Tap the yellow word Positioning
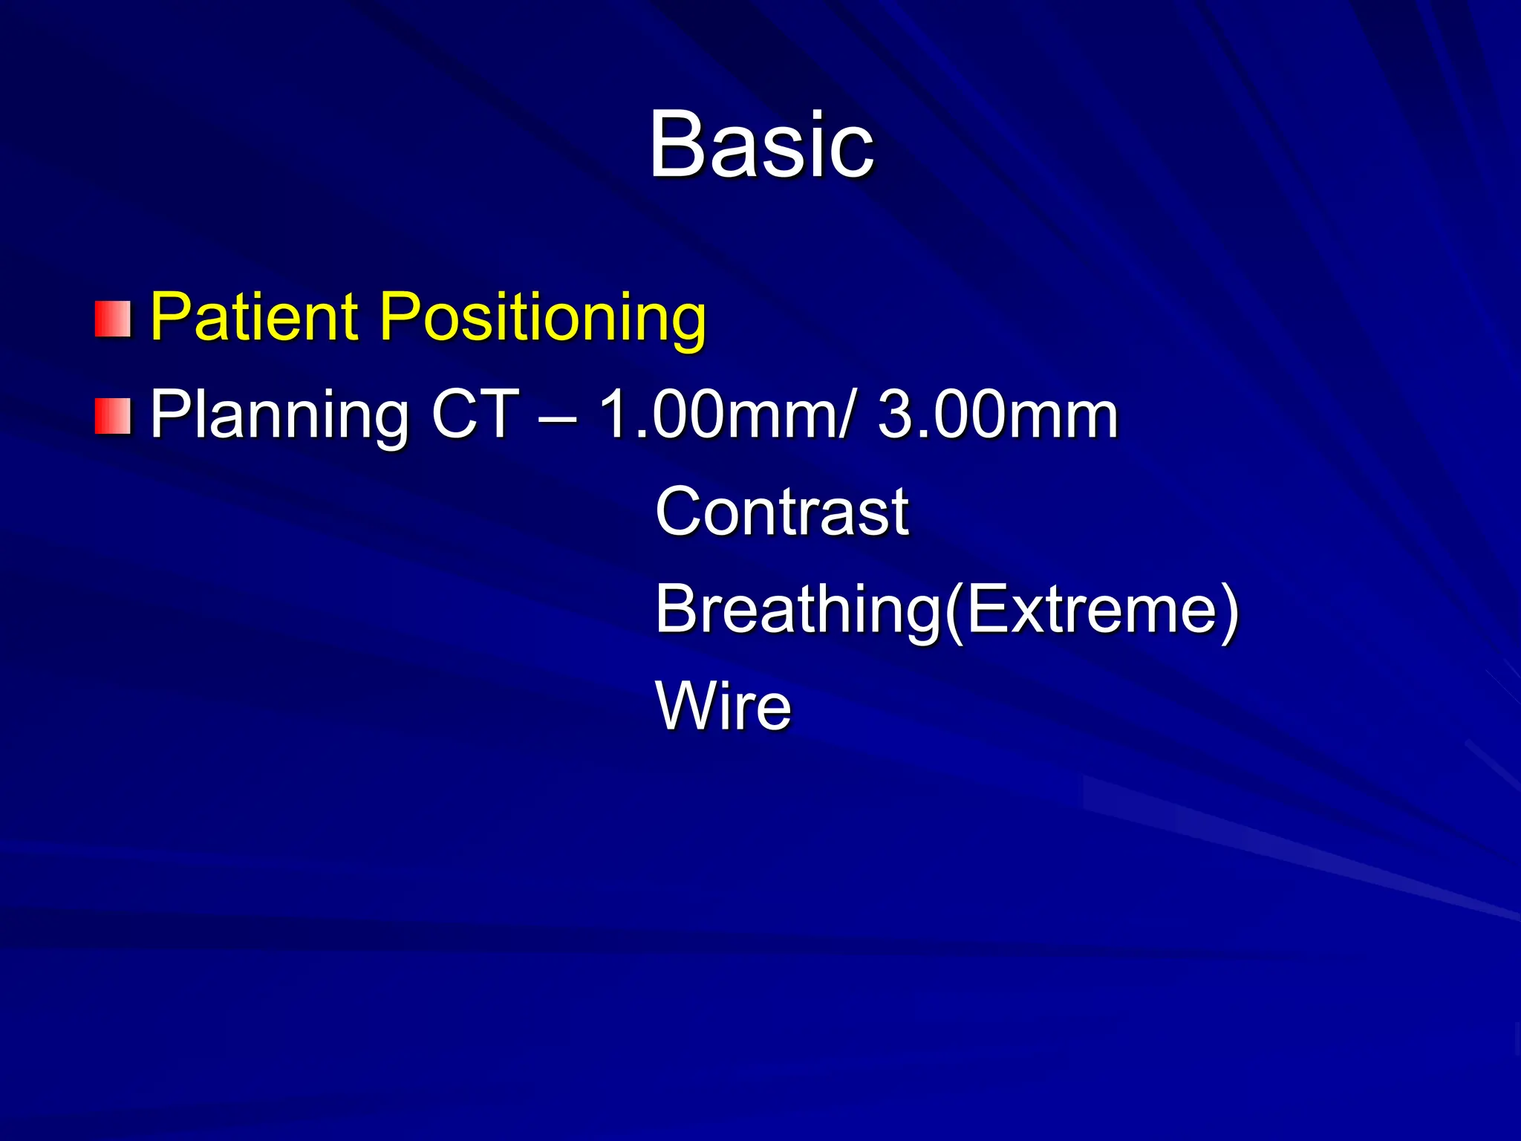click(542, 318)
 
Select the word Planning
click(279, 416)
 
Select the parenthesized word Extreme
click(1092, 609)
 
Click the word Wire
click(723, 706)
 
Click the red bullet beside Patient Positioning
click(113, 319)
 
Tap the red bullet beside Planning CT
click(113, 416)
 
